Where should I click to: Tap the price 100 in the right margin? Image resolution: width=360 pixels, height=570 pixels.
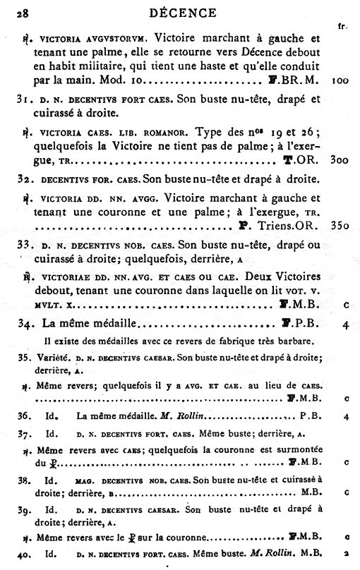tap(340, 81)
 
